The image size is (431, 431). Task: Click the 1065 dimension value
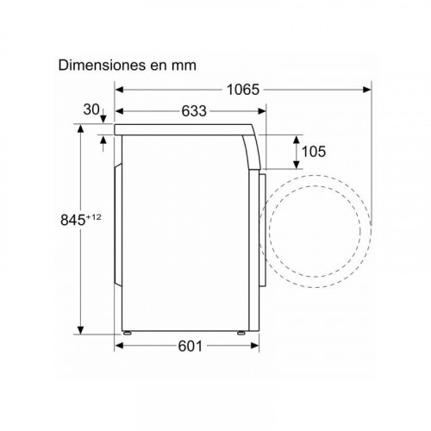243,90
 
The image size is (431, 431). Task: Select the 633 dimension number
194,111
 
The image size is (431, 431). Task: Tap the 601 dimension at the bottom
191,346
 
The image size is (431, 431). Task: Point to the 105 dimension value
314,152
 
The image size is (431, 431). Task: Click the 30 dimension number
91,109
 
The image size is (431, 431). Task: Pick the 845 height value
73,221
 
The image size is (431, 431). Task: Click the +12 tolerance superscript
94,217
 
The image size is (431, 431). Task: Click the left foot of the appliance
127,334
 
